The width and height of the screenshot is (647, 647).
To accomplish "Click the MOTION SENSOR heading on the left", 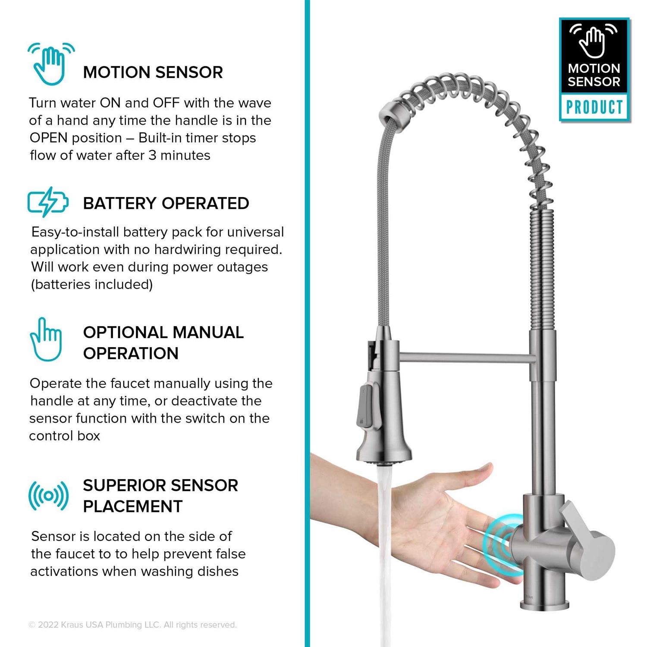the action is tap(153, 72).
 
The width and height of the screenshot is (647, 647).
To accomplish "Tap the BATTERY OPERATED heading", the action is tap(166, 203).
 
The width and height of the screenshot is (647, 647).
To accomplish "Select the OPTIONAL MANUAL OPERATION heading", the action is tap(163, 343).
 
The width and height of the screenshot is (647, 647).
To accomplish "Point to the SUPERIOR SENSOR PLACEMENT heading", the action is tap(160, 496).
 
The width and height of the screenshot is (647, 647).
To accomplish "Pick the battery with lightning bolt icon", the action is tap(47, 202).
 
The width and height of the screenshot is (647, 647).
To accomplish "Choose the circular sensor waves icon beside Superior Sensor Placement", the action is tap(48, 496).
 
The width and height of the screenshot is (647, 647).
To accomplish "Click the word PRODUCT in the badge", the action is tap(594, 107).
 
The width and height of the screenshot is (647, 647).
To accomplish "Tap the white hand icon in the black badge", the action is tap(594, 41).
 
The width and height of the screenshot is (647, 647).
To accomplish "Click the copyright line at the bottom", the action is tap(132, 625).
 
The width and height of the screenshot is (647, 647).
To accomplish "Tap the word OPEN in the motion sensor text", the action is tap(48, 138).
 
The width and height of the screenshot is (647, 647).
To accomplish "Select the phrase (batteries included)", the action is tap(92, 285).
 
